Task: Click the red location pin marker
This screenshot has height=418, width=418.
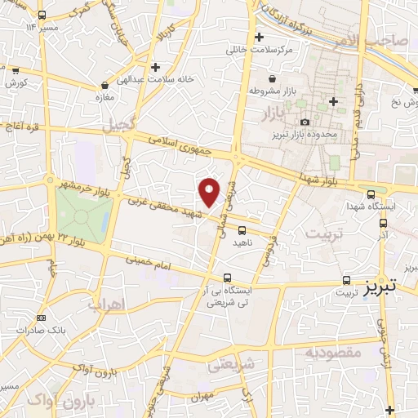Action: (x=210, y=191)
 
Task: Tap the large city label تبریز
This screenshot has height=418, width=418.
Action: (x=380, y=287)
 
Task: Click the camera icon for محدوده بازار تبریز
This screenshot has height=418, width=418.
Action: (x=305, y=122)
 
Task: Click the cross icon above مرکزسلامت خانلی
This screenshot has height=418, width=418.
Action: (x=260, y=38)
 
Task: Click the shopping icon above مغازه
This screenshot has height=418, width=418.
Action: (x=104, y=85)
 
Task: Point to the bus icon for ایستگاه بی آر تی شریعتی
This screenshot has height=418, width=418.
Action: (x=227, y=278)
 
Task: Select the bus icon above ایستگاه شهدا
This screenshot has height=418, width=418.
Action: (x=371, y=194)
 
